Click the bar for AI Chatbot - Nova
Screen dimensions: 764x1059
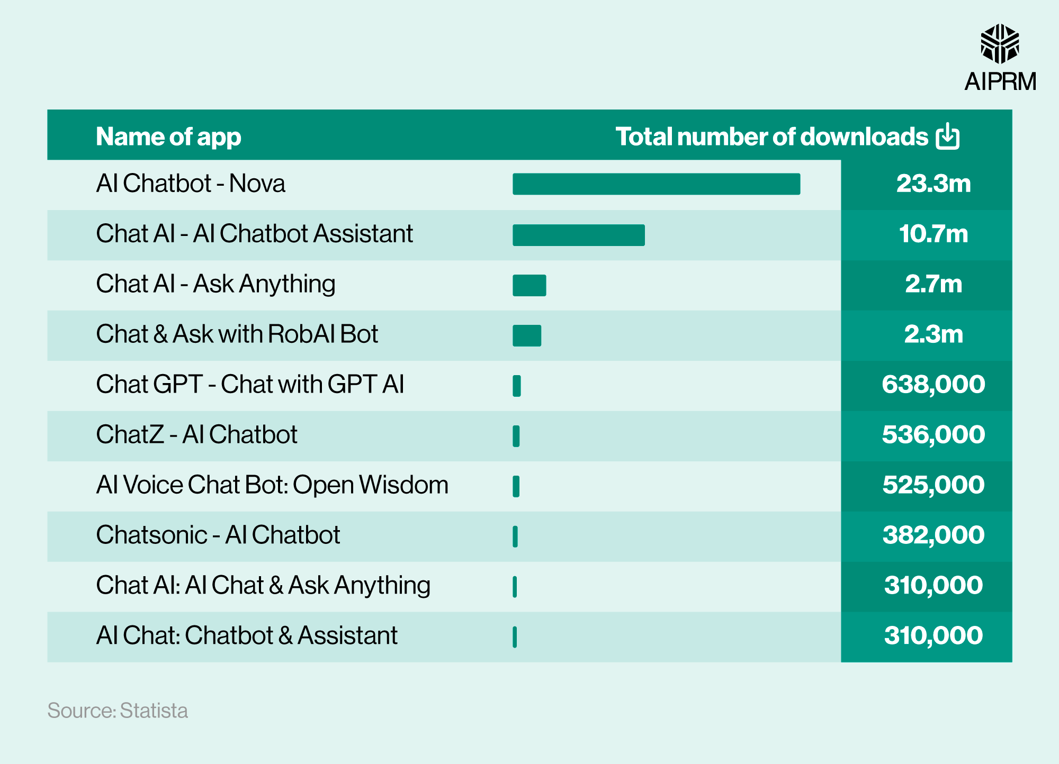pyautogui.click(x=656, y=184)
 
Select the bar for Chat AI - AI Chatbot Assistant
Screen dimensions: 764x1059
pyautogui.click(x=578, y=235)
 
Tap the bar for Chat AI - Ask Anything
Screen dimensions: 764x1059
pyautogui.click(x=529, y=285)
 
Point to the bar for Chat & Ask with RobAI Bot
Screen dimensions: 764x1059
pyautogui.click(x=527, y=335)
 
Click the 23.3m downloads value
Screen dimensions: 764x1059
pyautogui.click(x=933, y=184)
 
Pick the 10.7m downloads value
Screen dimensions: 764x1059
pyautogui.click(x=933, y=234)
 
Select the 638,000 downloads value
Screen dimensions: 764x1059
pyautogui.click(x=933, y=385)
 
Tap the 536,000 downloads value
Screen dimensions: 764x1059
pyautogui.click(x=933, y=435)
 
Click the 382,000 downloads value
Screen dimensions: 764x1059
pyautogui.click(x=933, y=535)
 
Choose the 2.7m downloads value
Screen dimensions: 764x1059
pyautogui.click(x=933, y=284)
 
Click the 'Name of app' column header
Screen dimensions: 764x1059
pyautogui.click(x=168, y=137)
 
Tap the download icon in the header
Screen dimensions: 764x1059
pyautogui.click(x=947, y=137)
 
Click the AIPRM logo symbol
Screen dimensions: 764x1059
pyautogui.click(x=1000, y=43)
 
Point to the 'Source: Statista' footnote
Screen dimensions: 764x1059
pyautogui.click(x=118, y=711)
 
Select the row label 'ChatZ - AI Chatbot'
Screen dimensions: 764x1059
pyautogui.click(x=196, y=434)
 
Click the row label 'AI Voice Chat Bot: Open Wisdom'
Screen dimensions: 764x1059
pyautogui.click(x=272, y=485)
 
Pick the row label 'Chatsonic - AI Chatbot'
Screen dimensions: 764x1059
pyautogui.click(x=218, y=535)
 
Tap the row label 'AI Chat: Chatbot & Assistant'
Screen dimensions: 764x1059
pyautogui.click(x=246, y=635)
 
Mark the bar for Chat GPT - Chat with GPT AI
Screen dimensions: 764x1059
pyautogui.click(x=517, y=386)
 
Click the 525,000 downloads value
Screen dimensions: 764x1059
pyautogui.click(x=933, y=485)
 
